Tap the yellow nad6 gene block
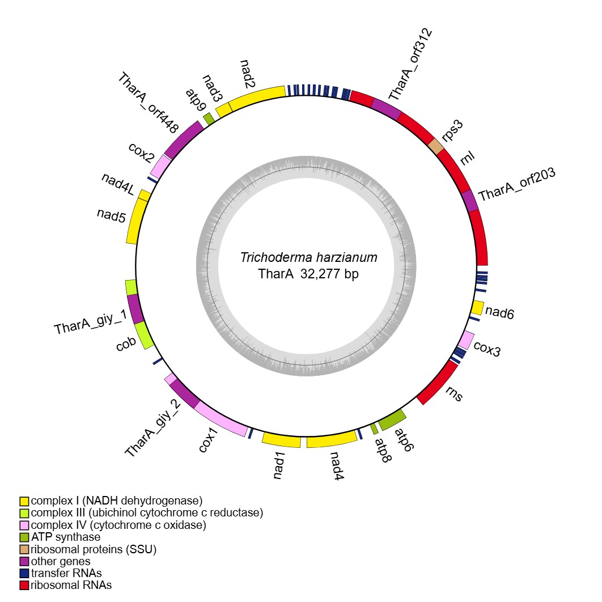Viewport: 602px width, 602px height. click(x=477, y=308)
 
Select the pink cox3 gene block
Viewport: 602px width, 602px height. click(x=466, y=340)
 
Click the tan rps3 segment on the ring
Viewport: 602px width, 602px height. click(x=436, y=147)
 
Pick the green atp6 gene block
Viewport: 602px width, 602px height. click(x=392, y=420)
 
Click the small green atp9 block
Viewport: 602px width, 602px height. click(x=209, y=118)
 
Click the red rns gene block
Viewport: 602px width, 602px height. click(x=438, y=383)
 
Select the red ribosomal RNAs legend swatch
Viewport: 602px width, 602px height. click(x=24, y=585)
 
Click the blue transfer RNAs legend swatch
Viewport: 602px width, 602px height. click(x=24, y=573)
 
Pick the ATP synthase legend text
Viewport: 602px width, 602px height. click(x=66, y=537)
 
